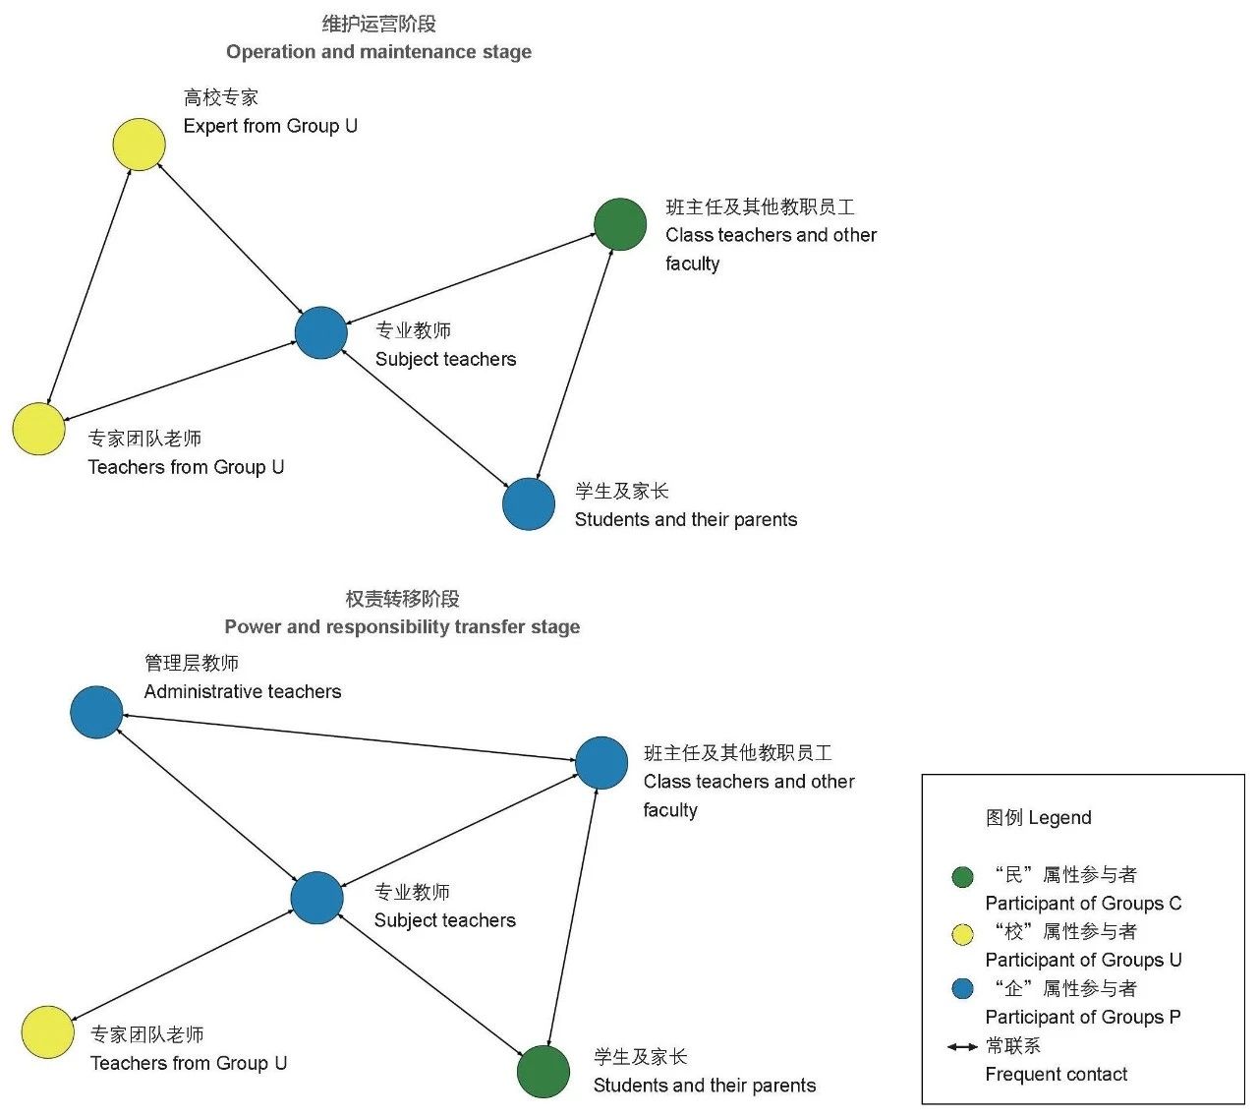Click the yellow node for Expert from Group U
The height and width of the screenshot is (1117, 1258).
click(140, 145)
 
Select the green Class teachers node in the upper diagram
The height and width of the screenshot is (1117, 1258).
click(620, 224)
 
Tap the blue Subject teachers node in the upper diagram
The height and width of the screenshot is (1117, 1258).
click(321, 332)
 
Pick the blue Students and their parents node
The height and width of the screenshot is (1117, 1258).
click(529, 503)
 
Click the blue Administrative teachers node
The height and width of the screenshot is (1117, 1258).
click(96, 712)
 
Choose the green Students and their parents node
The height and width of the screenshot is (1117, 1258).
click(543, 1071)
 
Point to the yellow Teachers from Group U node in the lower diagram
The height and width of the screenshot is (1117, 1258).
click(47, 1032)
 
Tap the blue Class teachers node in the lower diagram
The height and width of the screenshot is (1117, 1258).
click(601, 762)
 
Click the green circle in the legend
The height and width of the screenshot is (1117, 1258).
click(963, 877)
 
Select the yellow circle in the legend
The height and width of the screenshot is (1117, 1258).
click(963, 934)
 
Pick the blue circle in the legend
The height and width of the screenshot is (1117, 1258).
click(963, 989)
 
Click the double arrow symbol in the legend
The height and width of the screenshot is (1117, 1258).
click(962, 1046)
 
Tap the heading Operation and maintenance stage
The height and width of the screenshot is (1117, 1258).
click(378, 52)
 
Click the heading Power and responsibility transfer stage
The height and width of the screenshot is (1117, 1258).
click(402, 627)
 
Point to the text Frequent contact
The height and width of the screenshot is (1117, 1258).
click(1057, 1075)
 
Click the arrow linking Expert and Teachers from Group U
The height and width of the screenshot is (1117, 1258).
click(89, 286)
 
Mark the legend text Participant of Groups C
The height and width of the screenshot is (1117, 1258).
click(1083, 904)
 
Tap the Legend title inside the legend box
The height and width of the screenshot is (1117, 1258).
click(1038, 818)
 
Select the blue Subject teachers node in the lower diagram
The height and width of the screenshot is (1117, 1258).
click(317, 897)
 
